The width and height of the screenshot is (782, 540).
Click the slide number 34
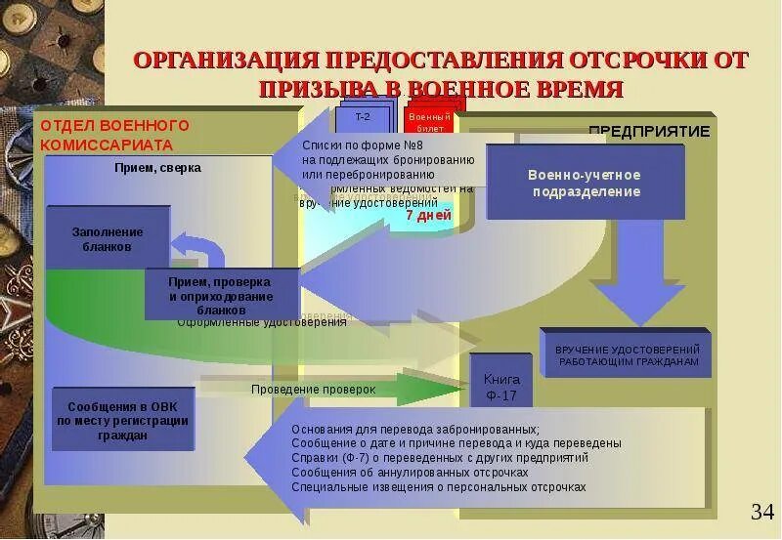point(761,512)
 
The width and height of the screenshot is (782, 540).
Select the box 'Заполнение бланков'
point(108,239)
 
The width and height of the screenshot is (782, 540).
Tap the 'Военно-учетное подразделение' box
point(585,183)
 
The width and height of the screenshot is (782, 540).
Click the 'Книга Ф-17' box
point(500,388)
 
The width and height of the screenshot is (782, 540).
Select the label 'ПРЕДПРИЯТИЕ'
point(649,131)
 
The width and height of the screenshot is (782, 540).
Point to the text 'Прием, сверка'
point(156,168)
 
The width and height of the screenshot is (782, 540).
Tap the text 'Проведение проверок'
point(313,390)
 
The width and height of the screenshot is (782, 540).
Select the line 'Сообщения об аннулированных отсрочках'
point(410,472)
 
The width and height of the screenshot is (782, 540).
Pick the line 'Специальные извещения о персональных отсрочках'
point(438,486)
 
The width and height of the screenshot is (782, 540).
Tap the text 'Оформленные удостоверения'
point(262,322)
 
